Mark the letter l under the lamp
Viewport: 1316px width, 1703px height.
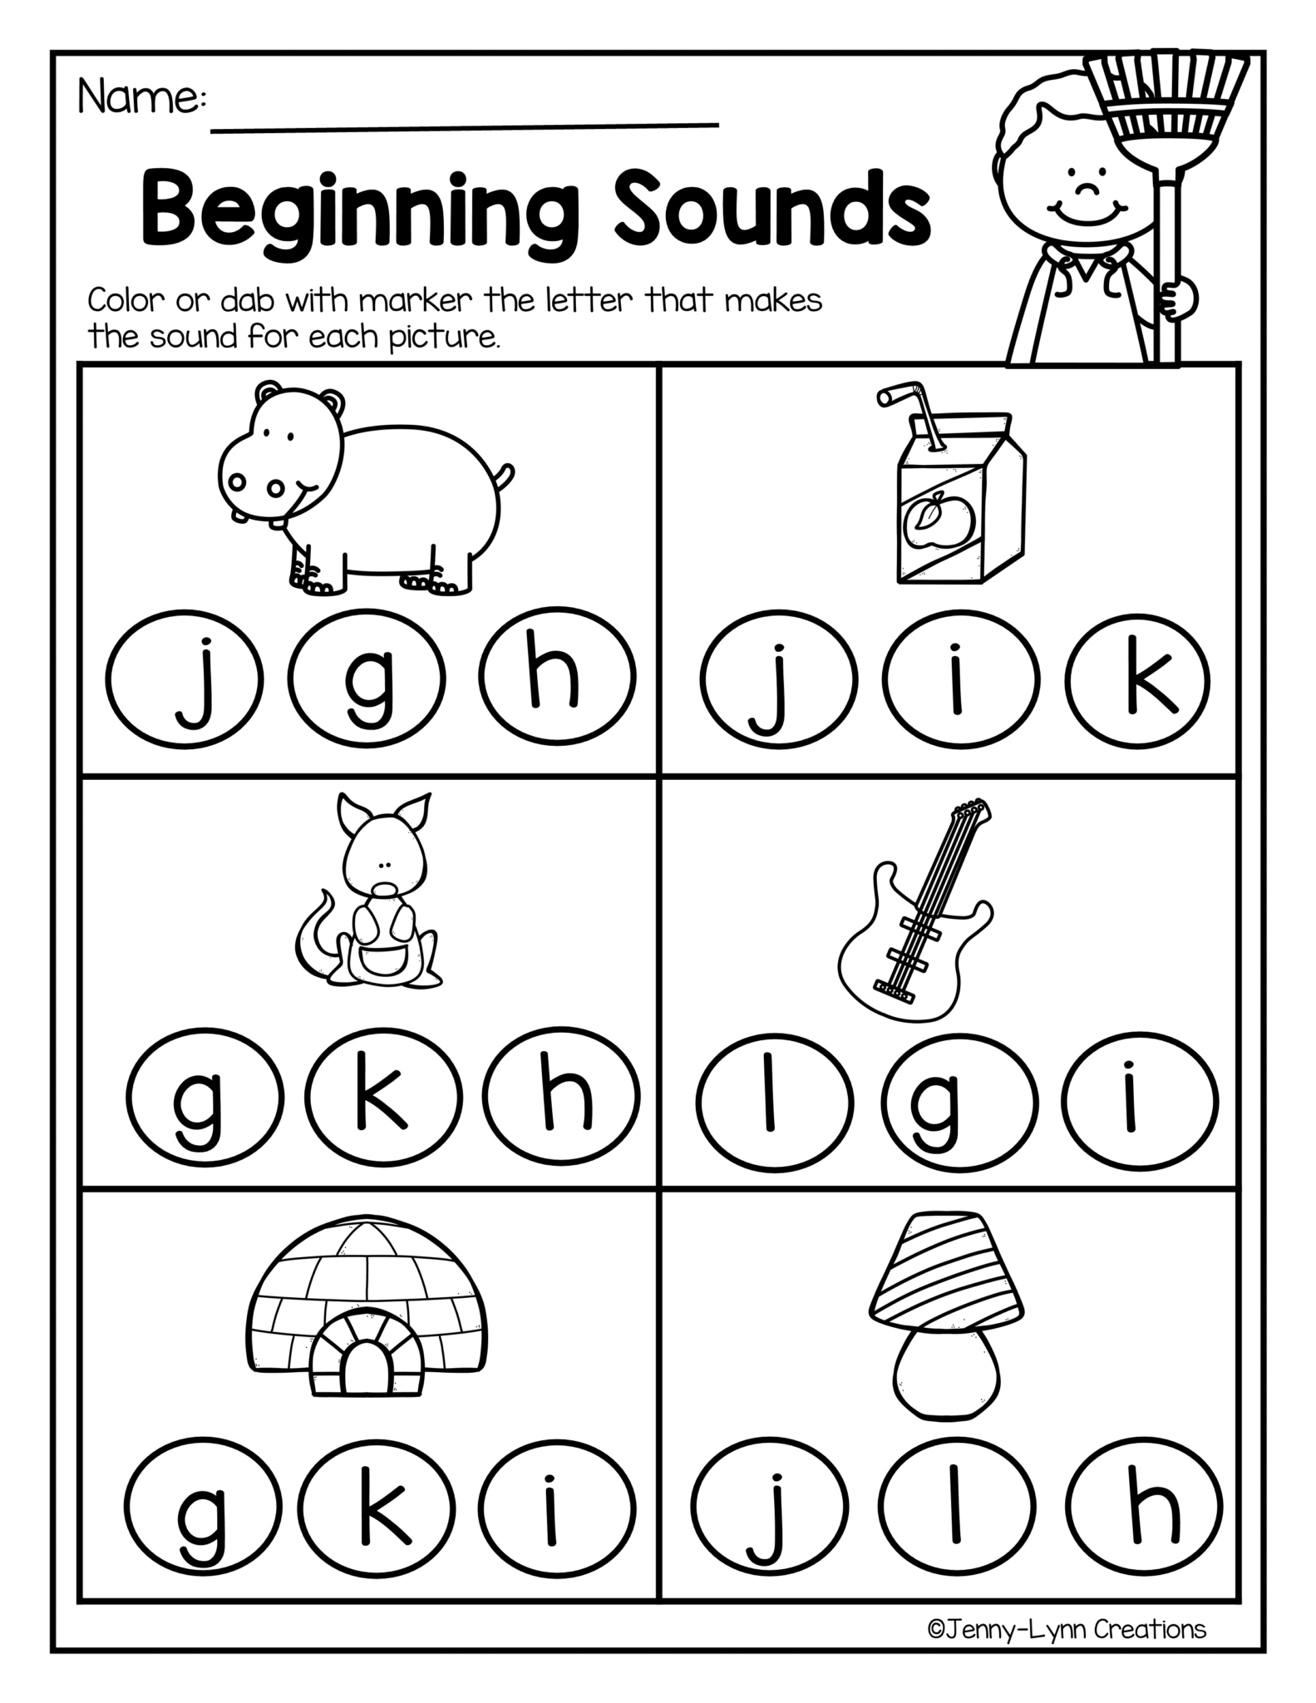point(957,1506)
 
